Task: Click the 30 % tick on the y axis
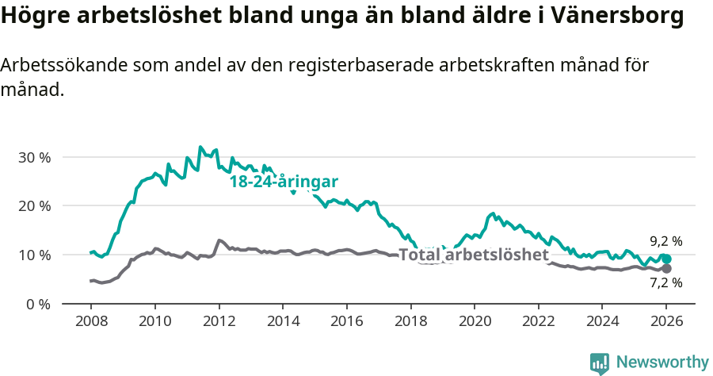click(34, 157)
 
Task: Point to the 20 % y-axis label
click(34, 206)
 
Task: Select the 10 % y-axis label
click(34, 255)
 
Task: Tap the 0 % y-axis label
click(38, 304)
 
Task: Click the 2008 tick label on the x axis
click(91, 323)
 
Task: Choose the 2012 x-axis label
click(219, 323)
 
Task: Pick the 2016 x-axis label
click(347, 323)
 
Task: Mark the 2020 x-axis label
click(475, 323)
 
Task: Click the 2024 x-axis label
click(602, 323)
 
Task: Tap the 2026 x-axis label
click(666, 323)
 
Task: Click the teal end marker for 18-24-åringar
click(666, 259)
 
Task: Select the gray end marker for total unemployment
click(666, 269)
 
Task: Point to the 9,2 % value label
click(665, 241)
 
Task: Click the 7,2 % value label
click(665, 283)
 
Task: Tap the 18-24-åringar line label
click(284, 182)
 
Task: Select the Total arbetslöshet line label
click(474, 255)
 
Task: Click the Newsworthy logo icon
click(600, 363)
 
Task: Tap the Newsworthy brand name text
click(662, 363)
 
